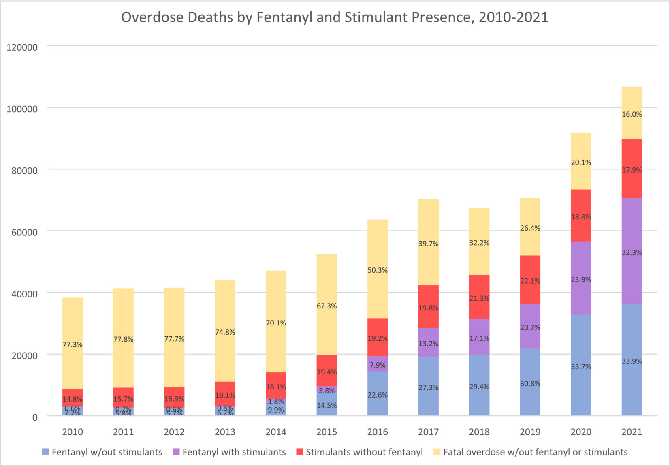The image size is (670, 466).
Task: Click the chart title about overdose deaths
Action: pyautogui.click(x=335, y=17)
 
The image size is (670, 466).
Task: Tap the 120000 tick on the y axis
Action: pyautogui.click(x=22, y=47)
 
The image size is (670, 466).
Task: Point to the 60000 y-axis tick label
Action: pyautogui.click(x=22, y=232)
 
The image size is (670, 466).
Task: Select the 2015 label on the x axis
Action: pyautogui.click(x=326, y=432)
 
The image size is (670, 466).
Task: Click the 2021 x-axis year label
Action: pyautogui.click(x=632, y=432)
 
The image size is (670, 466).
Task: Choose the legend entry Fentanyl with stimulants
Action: pyautogui.click(x=234, y=452)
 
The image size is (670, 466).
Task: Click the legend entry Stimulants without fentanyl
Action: pyautogui.click(x=364, y=452)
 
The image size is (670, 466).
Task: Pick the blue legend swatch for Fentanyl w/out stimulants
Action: pyautogui.click(x=46, y=452)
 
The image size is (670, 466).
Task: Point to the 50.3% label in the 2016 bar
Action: pyautogui.click(x=378, y=270)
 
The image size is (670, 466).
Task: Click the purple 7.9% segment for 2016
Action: pyautogui.click(x=378, y=364)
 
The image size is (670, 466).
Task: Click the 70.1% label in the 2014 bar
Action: pyautogui.click(x=276, y=323)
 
